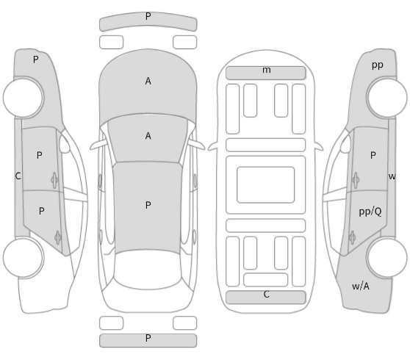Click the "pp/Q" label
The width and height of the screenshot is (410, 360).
370,212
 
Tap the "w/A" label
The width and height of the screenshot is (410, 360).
361,287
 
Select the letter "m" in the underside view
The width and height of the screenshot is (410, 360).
267,70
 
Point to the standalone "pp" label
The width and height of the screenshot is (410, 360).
378,65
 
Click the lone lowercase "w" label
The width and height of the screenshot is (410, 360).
392,176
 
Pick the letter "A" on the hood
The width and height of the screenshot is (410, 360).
148,81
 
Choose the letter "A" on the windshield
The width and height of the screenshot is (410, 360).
148,136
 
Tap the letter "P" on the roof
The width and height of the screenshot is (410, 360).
148,205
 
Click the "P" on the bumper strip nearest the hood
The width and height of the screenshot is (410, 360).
148,16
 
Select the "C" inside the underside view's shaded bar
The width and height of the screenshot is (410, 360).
267,295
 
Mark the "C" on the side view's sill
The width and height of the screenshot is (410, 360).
18,176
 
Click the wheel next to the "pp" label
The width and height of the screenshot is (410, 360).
387,97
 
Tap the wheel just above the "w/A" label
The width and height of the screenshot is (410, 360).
387,258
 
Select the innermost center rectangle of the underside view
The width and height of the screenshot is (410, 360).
266,184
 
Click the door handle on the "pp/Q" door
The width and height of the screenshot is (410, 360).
352,238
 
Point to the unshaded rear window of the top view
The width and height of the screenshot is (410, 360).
148,270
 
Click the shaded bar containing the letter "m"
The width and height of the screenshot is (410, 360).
266,73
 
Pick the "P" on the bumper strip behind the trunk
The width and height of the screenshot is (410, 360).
148,338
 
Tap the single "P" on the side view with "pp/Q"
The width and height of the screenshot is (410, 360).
373,156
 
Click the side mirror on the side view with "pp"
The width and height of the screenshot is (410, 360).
345,144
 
